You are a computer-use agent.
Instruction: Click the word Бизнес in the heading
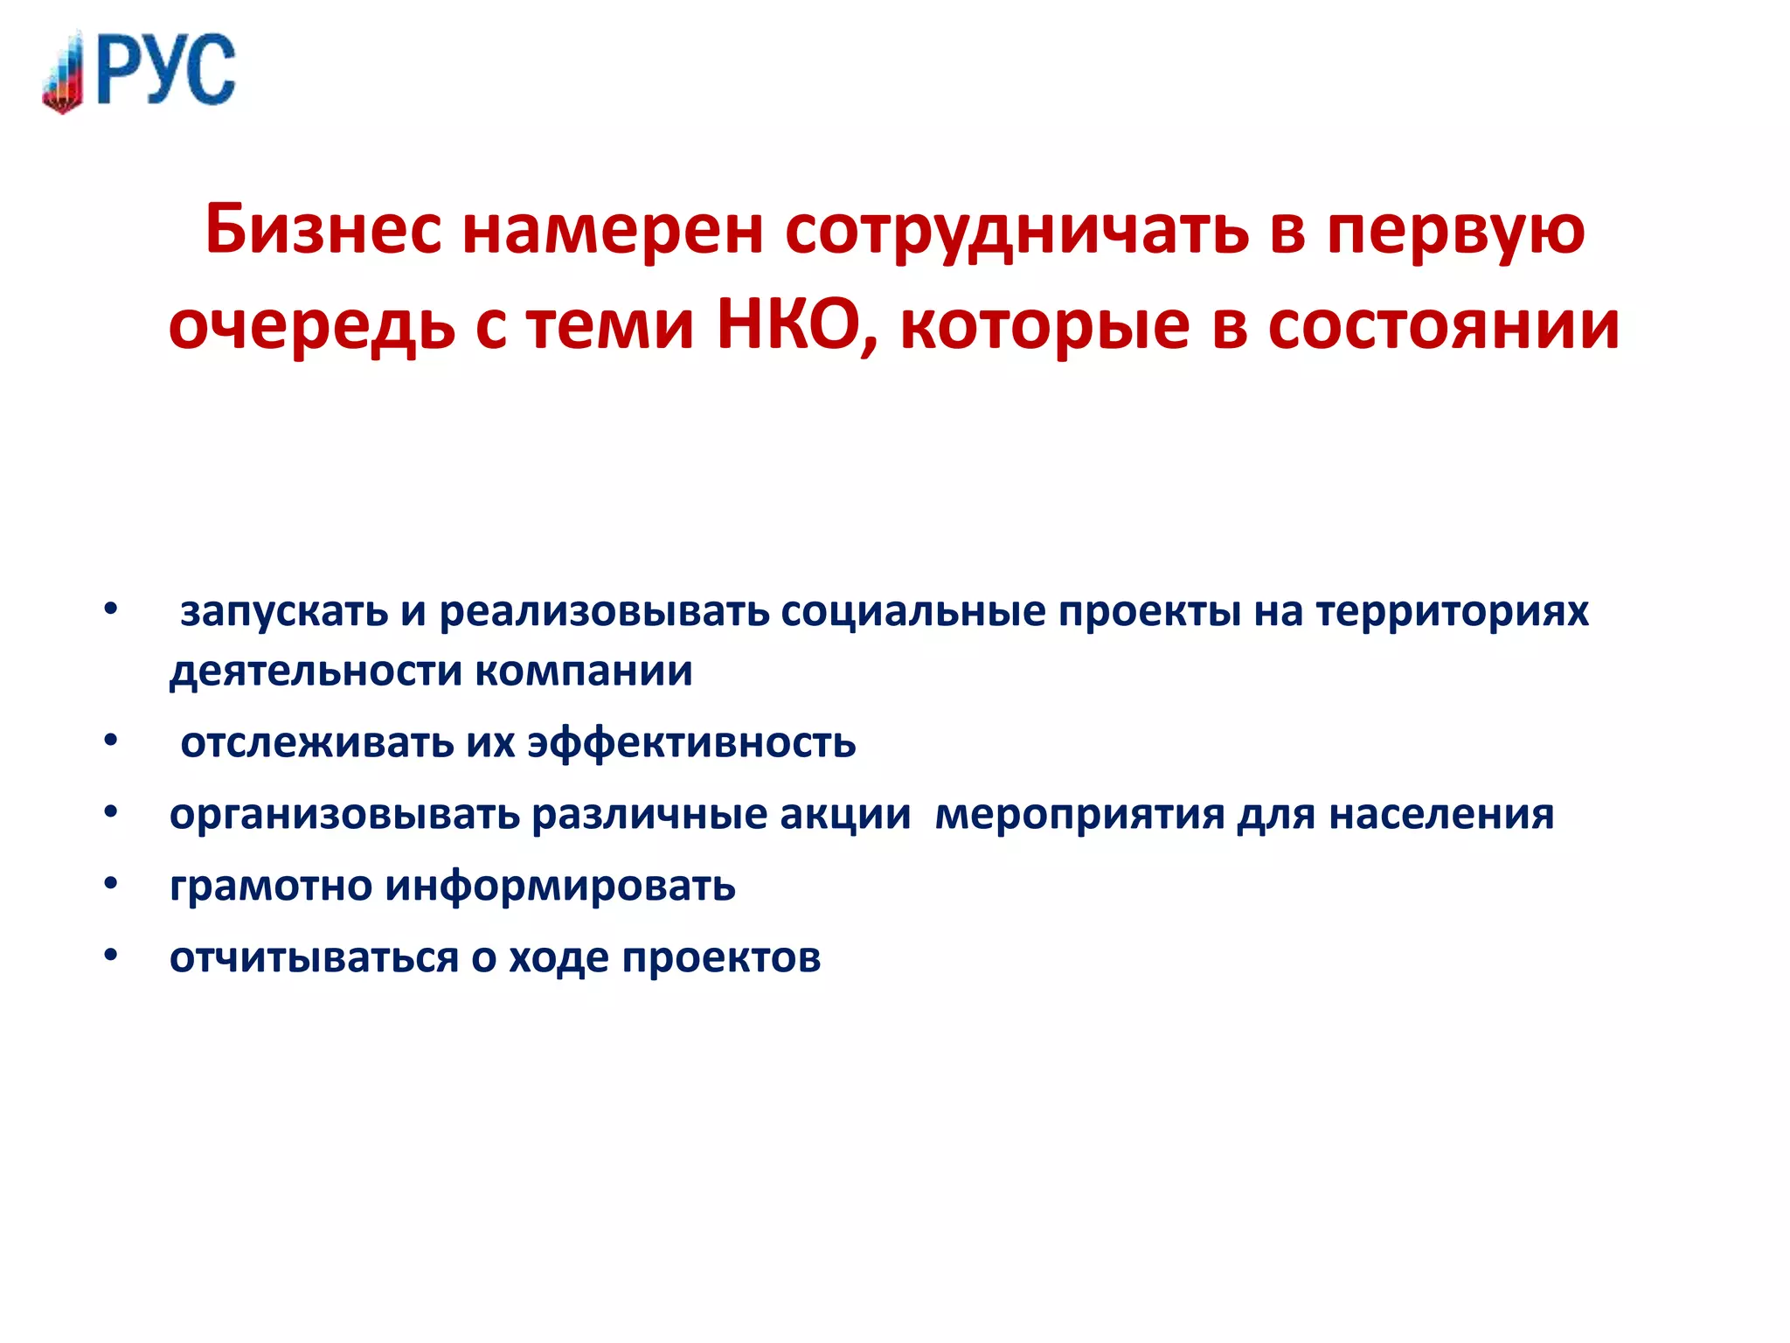tap(323, 230)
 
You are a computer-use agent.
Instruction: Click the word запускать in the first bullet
tap(284, 612)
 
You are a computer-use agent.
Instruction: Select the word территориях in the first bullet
tap(1452, 612)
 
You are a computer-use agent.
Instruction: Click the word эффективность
tap(691, 743)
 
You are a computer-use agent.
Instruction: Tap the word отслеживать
tap(317, 743)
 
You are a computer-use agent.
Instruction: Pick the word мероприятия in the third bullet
tap(1079, 815)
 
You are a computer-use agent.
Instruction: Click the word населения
tap(1441, 815)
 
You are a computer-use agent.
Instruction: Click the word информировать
tap(560, 887)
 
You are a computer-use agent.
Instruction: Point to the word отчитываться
tap(314, 958)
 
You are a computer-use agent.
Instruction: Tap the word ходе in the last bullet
tap(559, 958)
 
